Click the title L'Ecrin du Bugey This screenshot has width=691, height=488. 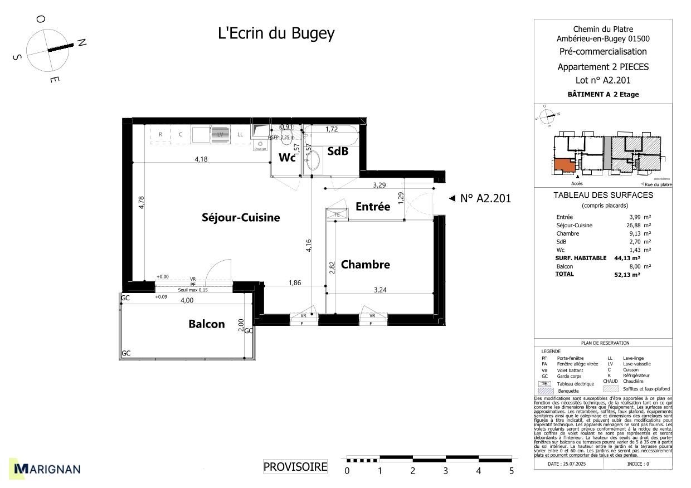[276, 33]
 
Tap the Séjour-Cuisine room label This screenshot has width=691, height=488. [241, 218]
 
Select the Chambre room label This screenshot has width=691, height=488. [365, 265]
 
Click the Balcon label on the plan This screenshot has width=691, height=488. [206, 324]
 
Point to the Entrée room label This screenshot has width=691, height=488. [373, 207]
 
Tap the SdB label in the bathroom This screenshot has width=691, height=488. [338, 151]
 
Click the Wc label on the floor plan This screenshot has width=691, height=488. [287, 158]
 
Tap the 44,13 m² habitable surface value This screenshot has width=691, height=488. [627, 258]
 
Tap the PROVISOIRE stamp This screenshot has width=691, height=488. [295, 467]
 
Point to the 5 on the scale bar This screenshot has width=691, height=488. [511, 471]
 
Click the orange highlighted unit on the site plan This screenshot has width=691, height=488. [564, 165]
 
